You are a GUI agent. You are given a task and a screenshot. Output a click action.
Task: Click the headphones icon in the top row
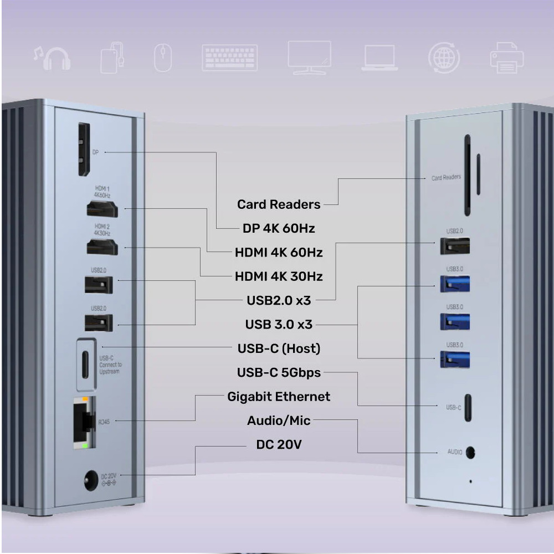pos(52,58)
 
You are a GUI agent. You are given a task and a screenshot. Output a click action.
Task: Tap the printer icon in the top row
pos(507,58)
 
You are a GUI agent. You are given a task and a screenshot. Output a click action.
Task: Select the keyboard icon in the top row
pos(230,58)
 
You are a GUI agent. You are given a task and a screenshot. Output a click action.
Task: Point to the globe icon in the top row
pos(444,58)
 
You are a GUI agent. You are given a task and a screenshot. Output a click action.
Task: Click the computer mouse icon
pos(163,58)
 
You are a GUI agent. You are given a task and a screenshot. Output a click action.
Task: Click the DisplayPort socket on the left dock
pos(84,150)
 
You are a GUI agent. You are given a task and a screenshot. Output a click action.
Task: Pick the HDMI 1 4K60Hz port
pos(102,208)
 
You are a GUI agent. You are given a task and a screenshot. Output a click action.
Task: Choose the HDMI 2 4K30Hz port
pos(102,247)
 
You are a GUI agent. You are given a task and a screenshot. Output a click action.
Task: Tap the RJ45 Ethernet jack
pos(84,423)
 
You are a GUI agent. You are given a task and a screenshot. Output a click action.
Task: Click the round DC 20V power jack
pos(91,480)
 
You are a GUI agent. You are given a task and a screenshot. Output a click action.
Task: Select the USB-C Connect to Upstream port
pos(85,365)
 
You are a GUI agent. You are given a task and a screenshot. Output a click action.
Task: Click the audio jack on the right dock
pos(470,453)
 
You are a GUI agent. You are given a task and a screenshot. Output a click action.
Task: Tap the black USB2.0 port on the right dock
pos(455,246)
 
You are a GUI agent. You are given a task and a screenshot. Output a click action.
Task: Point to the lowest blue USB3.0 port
pos(455,360)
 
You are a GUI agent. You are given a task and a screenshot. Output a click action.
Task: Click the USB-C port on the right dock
pos(468,407)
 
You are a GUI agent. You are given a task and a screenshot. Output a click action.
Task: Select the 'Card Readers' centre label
pos(279,204)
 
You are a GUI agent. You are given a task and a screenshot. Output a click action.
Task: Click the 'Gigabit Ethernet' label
pos(279,397)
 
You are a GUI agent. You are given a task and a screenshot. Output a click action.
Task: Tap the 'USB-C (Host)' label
pos(279,348)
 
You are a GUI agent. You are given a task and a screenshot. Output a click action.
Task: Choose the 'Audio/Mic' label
pos(279,421)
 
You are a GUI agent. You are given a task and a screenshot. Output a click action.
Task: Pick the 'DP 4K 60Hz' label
pos(279,229)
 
